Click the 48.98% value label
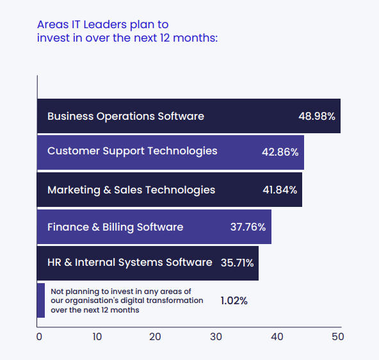(x=317, y=117)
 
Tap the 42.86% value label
(x=280, y=152)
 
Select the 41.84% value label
(x=279, y=190)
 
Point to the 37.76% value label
(x=248, y=227)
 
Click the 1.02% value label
(x=234, y=300)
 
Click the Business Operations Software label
(x=125, y=117)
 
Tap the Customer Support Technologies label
(x=133, y=151)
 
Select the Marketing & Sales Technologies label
(x=131, y=190)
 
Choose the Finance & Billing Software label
(x=115, y=227)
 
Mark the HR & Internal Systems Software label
(x=129, y=263)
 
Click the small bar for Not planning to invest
(x=41, y=300)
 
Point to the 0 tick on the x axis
(x=39, y=337)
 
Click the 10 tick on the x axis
(x=97, y=337)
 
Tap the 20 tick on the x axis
(x=156, y=337)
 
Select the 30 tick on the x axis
(x=216, y=337)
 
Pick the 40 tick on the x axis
(x=277, y=337)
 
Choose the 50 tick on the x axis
(x=337, y=337)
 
